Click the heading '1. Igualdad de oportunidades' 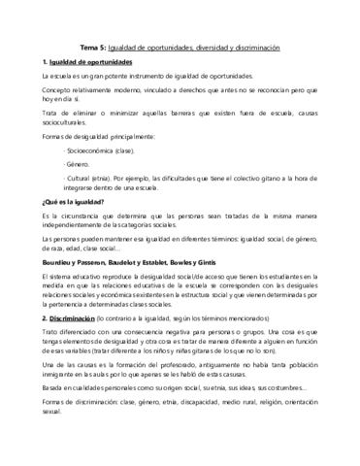pyautogui.click(x=81, y=61)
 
